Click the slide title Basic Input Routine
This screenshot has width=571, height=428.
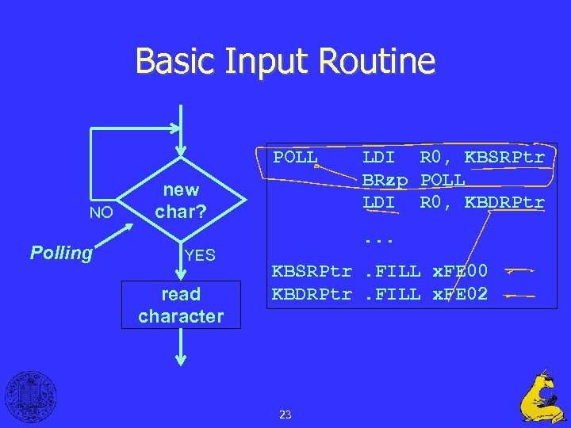(x=285, y=61)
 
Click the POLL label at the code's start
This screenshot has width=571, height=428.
(x=296, y=157)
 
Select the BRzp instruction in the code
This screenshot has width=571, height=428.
(x=385, y=180)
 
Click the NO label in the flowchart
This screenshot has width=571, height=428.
(x=101, y=212)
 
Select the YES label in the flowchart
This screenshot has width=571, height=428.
(x=199, y=255)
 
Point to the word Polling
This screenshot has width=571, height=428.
(x=61, y=253)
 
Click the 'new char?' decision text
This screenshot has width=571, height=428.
(x=181, y=201)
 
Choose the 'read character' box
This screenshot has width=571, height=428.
(x=181, y=305)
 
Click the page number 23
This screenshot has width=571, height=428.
(x=285, y=414)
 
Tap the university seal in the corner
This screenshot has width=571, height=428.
(x=31, y=396)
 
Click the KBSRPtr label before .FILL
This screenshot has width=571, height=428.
(x=312, y=271)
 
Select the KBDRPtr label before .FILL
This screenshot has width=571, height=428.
(x=312, y=294)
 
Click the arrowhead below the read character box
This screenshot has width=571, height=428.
(x=181, y=358)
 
